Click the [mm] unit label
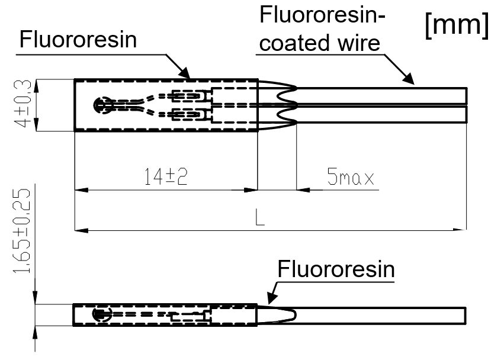[x=457, y=27]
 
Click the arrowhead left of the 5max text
[x=301, y=190]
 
